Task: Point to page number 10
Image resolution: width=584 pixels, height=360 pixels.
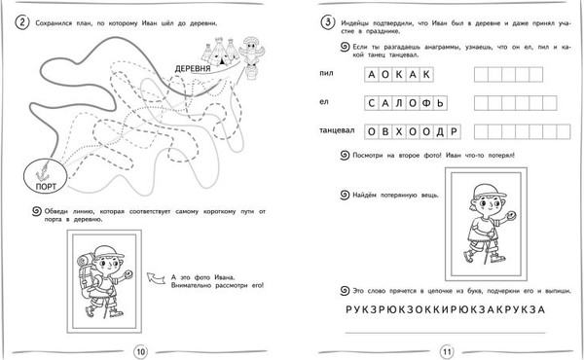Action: [x=139, y=350]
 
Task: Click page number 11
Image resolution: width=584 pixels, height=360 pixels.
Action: [x=447, y=350]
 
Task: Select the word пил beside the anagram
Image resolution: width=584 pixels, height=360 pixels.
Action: [x=326, y=74]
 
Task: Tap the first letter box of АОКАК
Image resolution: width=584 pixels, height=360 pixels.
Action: [x=364, y=74]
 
